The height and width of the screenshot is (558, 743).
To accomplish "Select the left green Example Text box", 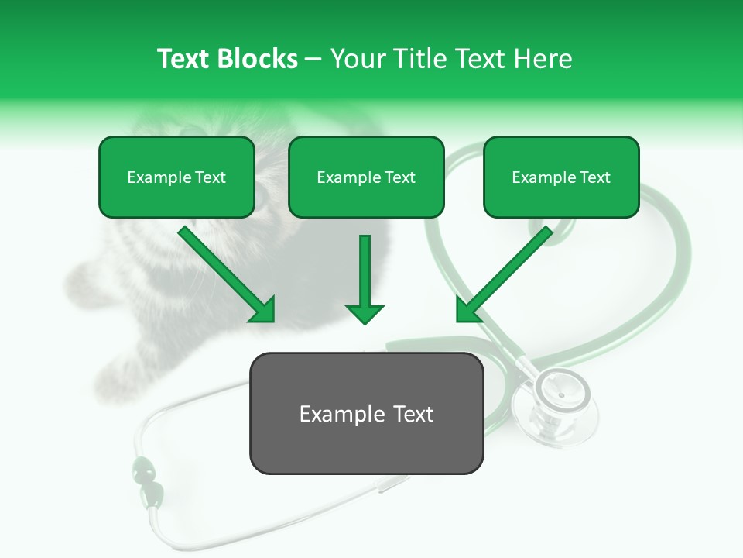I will pos(176,177).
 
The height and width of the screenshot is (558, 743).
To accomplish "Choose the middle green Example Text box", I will pos(366,177).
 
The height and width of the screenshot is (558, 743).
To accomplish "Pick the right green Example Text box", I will pos(561,177).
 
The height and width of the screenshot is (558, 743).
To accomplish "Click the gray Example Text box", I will pos(366,413).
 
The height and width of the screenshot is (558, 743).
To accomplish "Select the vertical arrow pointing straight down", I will pos(365,279).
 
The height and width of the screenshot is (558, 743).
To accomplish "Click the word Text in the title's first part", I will pos(183,59).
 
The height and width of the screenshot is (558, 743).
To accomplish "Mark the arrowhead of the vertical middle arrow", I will pos(365,313).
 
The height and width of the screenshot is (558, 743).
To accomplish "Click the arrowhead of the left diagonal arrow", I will pos(263,311).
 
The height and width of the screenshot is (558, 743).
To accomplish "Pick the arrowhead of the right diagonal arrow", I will pos(467,310).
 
